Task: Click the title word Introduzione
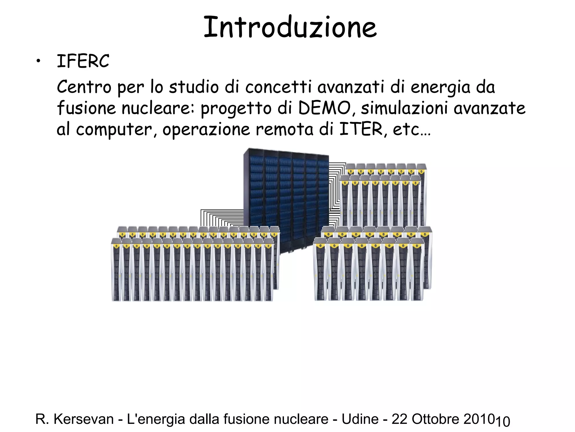pyautogui.click(x=290, y=27)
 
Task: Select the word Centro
pyautogui.click(x=84, y=87)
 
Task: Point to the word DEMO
pyautogui.click(x=324, y=108)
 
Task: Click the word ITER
pyautogui.click(x=361, y=129)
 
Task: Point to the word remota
pyautogui.click(x=284, y=129)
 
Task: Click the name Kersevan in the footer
pyautogui.click(x=83, y=419)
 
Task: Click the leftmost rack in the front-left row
pyautogui.click(x=117, y=270)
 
